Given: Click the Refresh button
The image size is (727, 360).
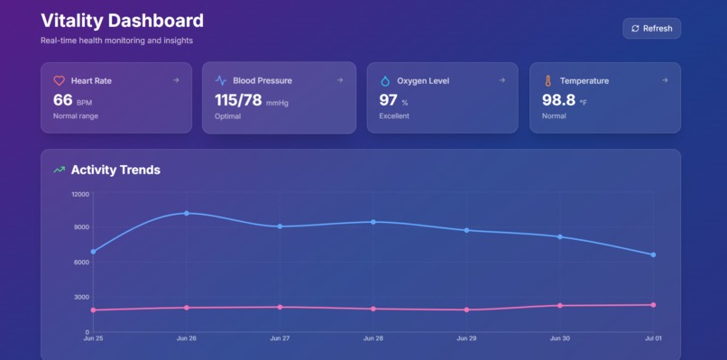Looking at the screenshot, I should tap(651, 28).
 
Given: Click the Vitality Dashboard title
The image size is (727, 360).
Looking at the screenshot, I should tap(122, 21).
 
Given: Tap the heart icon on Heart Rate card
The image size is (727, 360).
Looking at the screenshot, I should tap(60, 80).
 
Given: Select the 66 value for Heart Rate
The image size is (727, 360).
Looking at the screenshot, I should tap(62, 100).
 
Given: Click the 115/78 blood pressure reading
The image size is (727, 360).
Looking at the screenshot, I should tap(238, 100).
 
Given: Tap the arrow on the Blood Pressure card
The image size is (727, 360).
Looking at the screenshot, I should tap(340, 80).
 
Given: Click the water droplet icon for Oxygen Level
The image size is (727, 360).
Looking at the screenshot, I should tap(385, 80).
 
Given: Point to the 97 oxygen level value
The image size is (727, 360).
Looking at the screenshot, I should tap(388, 100).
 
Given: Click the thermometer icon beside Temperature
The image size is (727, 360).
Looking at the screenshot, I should tap(547, 80).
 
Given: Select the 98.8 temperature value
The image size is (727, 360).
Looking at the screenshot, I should tap(558, 100).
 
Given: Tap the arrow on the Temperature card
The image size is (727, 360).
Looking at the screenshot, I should tap(665, 80).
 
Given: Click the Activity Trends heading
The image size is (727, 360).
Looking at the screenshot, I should tap(115, 170).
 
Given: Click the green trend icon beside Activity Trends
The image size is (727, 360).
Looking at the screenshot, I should tap(60, 170).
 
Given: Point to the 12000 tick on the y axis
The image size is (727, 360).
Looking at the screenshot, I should tap(80, 194).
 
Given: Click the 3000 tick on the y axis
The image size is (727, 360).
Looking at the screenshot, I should tap(82, 297).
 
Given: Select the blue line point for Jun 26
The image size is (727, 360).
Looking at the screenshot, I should tap(187, 213).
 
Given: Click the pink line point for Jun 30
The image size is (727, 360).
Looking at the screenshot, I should tap(560, 306).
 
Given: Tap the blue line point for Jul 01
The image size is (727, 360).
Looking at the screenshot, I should tap(653, 254).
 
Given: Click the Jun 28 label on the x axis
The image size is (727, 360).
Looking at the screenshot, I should tap(373, 339).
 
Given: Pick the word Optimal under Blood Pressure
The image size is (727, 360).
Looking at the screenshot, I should tap(227, 116).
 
